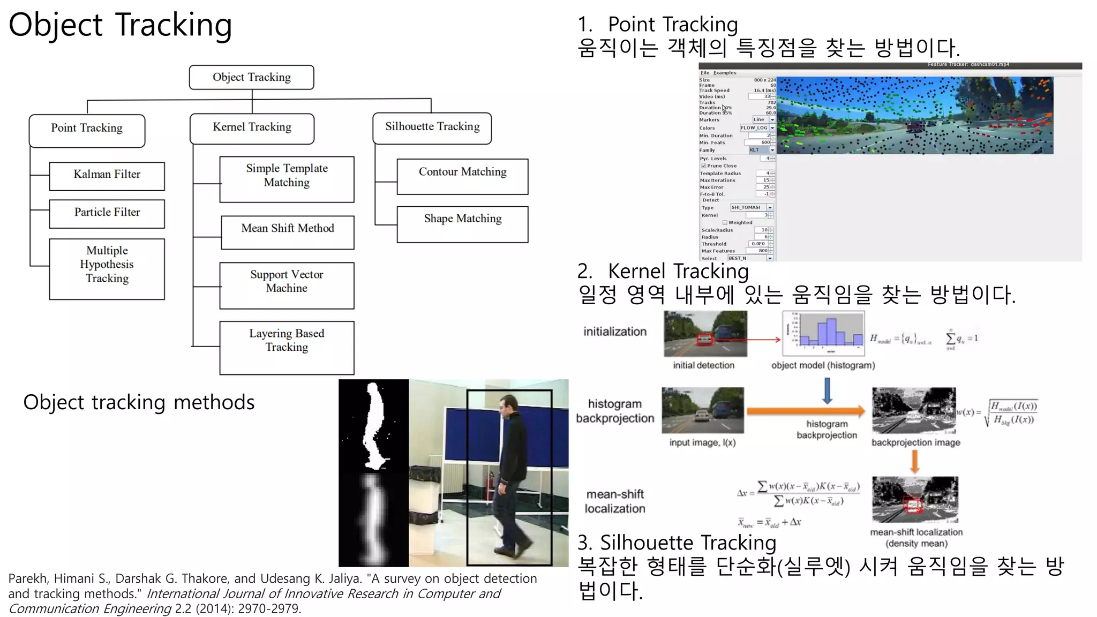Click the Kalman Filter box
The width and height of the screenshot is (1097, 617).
click(x=107, y=176)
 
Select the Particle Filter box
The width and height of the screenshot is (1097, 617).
click(x=107, y=213)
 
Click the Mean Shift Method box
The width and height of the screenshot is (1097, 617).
click(x=287, y=231)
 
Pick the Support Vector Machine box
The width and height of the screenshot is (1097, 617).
click(x=287, y=284)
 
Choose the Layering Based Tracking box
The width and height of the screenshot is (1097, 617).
click(x=287, y=347)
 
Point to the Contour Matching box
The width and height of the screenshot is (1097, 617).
click(x=462, y=176)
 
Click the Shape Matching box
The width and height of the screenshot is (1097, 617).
click(x=462, y=223)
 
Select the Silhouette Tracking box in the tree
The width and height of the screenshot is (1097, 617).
click(x=432, y=127)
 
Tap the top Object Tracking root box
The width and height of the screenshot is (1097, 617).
click(x=251, y=77)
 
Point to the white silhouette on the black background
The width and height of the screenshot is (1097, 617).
click(x=373, y=423)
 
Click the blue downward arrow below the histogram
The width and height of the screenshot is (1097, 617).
click(x=827, y=390)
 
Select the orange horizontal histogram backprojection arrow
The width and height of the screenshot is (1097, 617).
click(x=806, y=411)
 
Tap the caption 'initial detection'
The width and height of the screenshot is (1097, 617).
click(x=703, y=365)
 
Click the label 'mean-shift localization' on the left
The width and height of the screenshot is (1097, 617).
click(x=615, y=501)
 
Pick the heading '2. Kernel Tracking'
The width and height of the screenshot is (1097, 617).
click(x=663, y=271)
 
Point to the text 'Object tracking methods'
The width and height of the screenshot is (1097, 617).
click(x=139, y=402)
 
